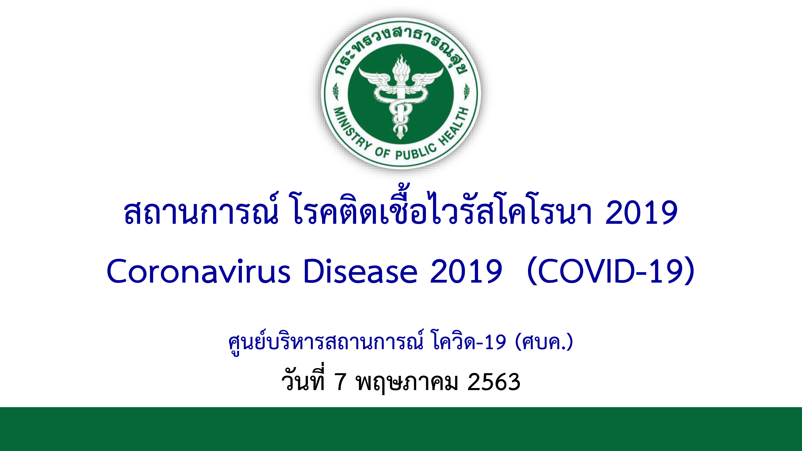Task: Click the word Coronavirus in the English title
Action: [199, 271]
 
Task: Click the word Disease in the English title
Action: [360, 271]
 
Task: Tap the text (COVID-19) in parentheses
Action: [611, 271]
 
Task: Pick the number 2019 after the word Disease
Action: [466, 271]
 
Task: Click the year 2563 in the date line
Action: [494, 382]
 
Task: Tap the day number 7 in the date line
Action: [340, 382]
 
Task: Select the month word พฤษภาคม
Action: [407, 383]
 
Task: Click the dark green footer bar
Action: [401, 429]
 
